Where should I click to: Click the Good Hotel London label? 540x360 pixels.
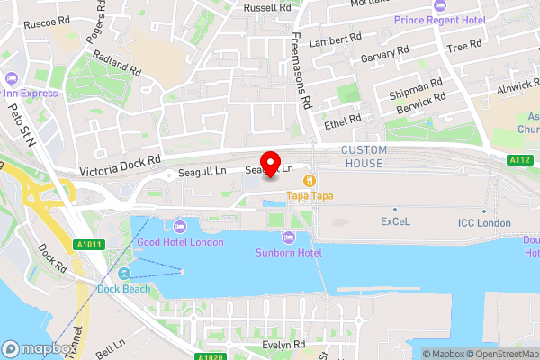coord(180,242)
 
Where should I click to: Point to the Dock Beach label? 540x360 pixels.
coord(124,289)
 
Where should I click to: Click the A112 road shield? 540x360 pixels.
coord(517,160)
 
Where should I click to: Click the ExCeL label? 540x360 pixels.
coord(395,220)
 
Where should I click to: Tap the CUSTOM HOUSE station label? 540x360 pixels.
coord(362,156)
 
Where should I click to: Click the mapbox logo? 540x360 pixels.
coord(39,349)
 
